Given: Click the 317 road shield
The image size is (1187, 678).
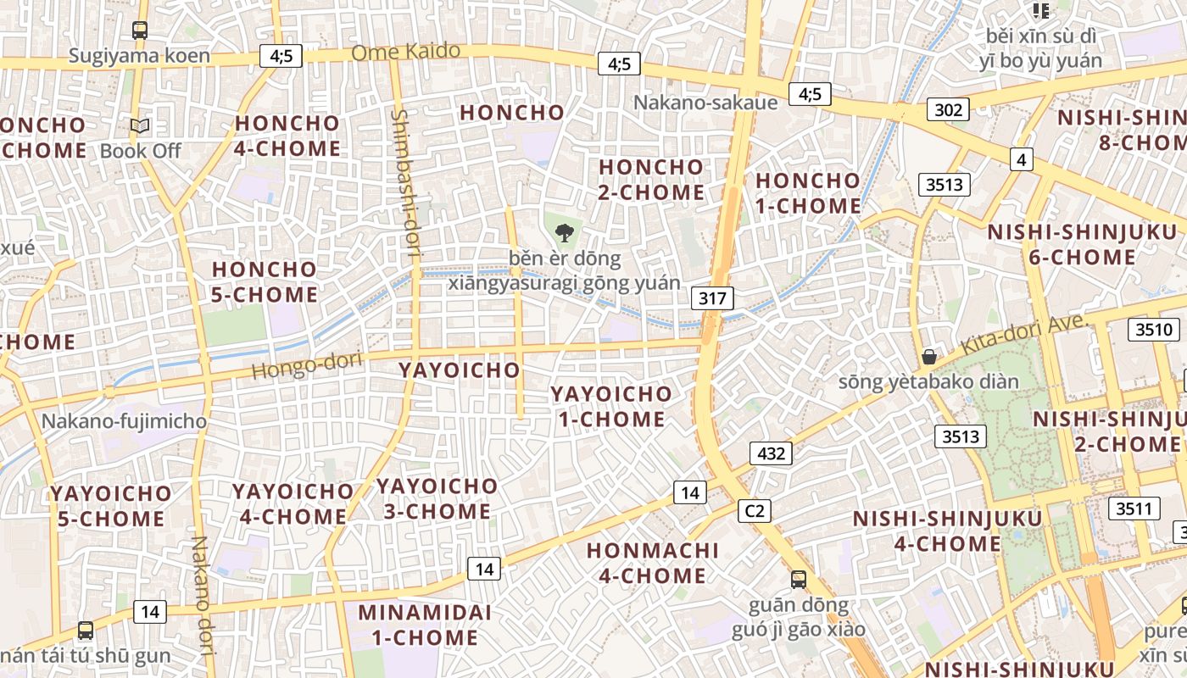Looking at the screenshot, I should click(x=712, y=297).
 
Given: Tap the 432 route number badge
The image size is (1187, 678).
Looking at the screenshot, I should click(x=771, y=453).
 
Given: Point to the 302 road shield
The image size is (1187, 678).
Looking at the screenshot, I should click(x=949, y=109).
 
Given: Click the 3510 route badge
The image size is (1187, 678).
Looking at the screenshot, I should click(x=1154, y=330).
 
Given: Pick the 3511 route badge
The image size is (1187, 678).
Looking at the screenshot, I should click(x=1134, y=508).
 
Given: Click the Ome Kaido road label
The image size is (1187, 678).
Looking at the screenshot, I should click(x=405, y=53).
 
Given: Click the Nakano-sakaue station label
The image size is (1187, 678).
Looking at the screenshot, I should click(x=705, y=103).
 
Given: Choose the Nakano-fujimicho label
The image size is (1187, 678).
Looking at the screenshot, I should click(x=124, y=421).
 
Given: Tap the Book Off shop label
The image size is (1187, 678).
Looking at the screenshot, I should click(x=141, y=151).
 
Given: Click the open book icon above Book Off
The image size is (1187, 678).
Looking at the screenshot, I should click(x=140, y=126).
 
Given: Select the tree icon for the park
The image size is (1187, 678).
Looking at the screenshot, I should click(x=564, y=231).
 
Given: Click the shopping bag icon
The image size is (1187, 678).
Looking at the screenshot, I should click(x=929, y=356).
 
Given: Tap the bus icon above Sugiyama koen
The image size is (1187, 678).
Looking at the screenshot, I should click(x=140, y=31).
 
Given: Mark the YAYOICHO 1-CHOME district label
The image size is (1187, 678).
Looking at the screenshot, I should click(x=610, y=406).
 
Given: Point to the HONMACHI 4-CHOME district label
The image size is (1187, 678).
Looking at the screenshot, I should click(x=652, y=563).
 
